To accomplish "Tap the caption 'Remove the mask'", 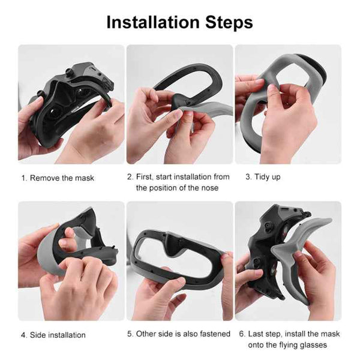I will click(x=62, y=178).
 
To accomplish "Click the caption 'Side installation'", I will click(x=58, y=335).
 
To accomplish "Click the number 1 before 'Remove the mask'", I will click(x=23, y=178).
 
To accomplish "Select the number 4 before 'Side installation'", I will click(x=23, y=335).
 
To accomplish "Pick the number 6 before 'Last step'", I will click(x=242, y=334).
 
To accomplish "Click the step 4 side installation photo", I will click(x=71, y=261).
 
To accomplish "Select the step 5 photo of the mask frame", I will click(x=179, y=261).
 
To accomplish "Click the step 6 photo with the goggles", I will click(x=287, y=261).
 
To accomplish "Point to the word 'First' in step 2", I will click(x=146, y=177).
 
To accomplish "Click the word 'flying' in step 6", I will click(x=292, y=344).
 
